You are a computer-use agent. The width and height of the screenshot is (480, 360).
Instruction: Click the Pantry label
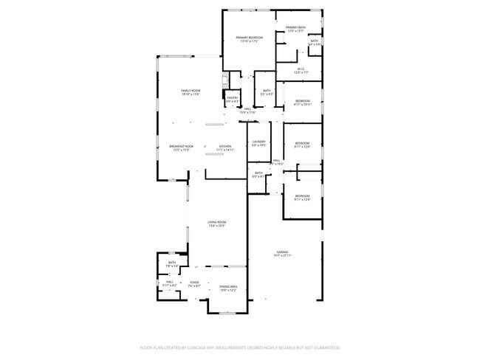tap(232, 99)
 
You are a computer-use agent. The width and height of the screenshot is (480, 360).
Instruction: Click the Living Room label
tap(216, 224)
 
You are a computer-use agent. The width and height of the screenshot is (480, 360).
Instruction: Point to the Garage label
tap(283, 253)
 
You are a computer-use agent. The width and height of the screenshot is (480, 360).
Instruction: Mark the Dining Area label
tap(228, 288)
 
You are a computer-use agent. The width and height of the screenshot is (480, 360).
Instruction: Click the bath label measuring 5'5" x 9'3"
tap(267, 92)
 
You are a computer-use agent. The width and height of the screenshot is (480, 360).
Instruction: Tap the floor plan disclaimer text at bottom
tap(239, 347)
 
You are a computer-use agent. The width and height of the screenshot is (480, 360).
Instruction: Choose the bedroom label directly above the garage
tap(303, 197)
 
